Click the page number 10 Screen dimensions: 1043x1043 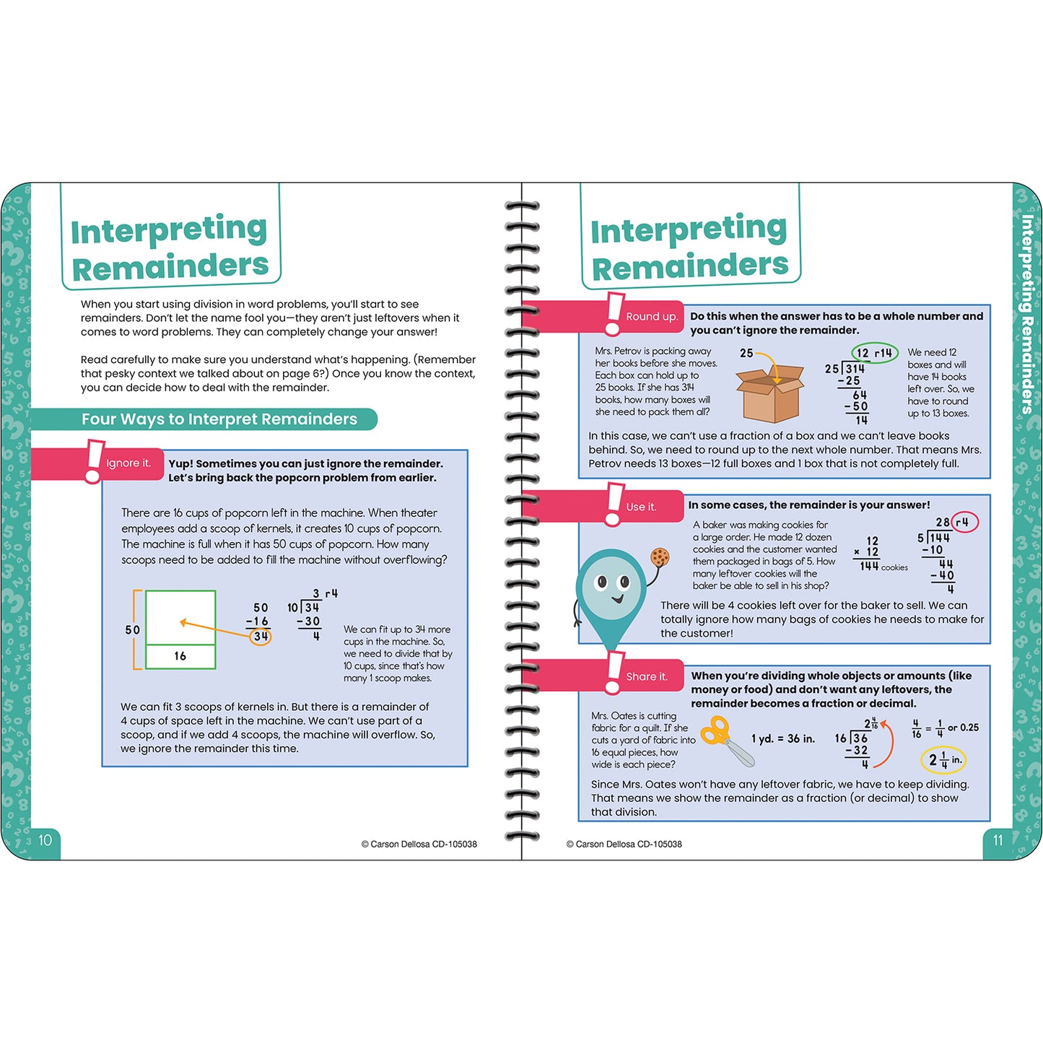[x=45, y=839]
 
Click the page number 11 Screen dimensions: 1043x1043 [x=998, y=840]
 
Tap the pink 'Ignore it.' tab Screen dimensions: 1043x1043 [x=128, y=463]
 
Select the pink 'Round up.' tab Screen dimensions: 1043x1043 [x=651, y=317]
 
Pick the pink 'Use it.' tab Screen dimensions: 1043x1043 [x=641, y=507]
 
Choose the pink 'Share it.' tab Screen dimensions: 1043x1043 [x=646, y=676]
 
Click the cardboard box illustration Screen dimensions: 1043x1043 [x=769, y=393]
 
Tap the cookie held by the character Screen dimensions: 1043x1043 [x=660, y=557]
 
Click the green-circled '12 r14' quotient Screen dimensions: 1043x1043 [x=874, y=353]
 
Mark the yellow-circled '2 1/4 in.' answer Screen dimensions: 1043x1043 [x=943, y=759]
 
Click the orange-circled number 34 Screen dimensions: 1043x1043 [x=261, y=637]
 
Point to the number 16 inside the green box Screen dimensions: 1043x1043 [x=180, y=656]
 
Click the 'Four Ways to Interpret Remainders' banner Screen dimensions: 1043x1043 [x=219, y=419]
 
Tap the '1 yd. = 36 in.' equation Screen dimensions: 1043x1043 [x=782, y=738]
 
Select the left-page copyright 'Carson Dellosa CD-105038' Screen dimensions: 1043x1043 [x=419, y=844]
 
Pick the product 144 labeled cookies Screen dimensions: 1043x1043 [x=869, y=567]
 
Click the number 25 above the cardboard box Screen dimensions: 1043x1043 [x=746, y=353]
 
